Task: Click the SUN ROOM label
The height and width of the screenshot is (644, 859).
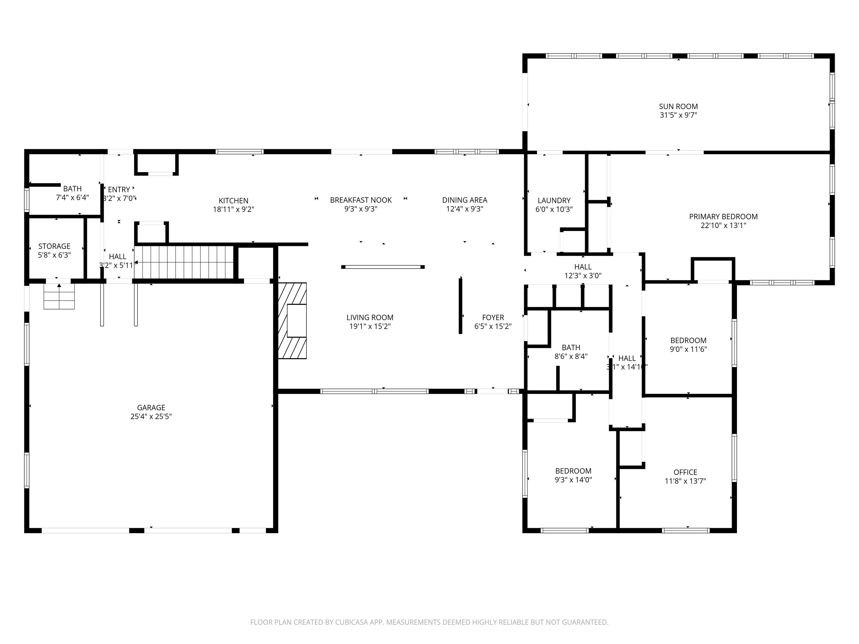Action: pos(678,106)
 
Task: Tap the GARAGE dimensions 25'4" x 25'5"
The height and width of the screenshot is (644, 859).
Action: pos(151,416)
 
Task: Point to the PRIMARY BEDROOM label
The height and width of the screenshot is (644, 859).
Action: pos(723,217)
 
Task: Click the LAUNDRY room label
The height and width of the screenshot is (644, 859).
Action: pos(554,200)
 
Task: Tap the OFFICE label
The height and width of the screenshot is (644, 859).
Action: pos(685,472)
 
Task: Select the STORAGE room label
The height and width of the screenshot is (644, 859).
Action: pos(54,246)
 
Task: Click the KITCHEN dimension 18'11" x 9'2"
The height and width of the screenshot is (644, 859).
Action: pos(233,209)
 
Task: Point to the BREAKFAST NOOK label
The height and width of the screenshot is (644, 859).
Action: pos(361,200)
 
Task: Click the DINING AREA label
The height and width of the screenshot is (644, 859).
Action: pos(464,200)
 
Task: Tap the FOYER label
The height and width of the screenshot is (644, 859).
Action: pos(493,317)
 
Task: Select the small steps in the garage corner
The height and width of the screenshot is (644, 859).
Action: pos(59,296)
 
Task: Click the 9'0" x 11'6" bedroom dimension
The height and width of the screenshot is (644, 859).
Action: pos(688,349)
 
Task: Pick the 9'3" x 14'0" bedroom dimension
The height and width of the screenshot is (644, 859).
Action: pos(573,479)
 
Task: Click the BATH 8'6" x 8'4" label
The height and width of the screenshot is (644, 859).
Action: pos(571,347)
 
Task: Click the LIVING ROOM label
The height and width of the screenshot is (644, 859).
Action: pos(370,317)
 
